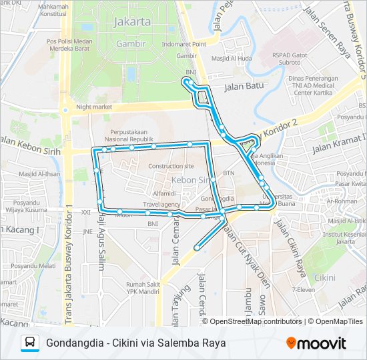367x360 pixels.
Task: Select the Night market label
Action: [94, 106]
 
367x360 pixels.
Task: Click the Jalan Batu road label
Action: [244, 86]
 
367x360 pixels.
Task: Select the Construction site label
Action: [171, 166]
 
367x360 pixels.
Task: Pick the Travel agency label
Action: [161, 204]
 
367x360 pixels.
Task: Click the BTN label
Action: [229, 173]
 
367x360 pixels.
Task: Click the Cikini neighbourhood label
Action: [325, 277]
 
